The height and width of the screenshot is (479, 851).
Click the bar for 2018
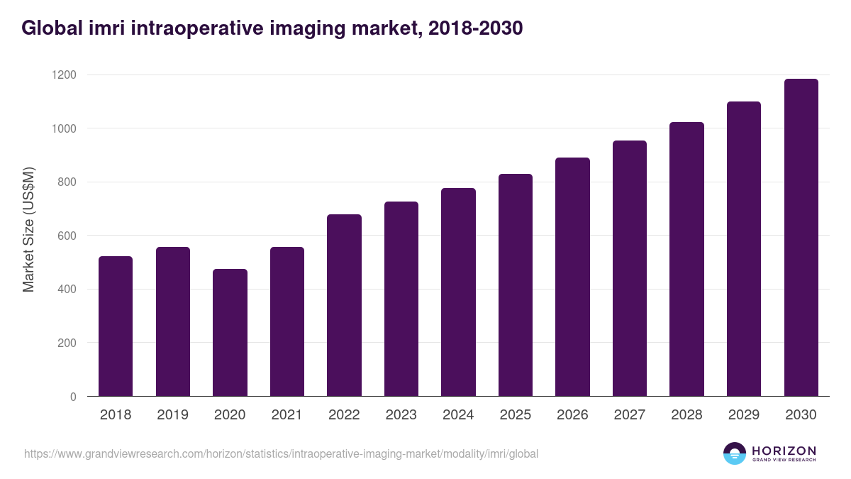click(116, 326)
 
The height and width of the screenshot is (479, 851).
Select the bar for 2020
click(230, 333)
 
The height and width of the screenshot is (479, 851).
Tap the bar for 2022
click(344, 305)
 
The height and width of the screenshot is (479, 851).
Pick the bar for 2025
click(516, 285)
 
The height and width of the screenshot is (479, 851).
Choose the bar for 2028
click(686, 259)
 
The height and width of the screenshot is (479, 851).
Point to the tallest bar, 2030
click(801, 238)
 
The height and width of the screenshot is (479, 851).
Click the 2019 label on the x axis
click(173, 415)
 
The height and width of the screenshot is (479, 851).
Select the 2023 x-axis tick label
click(401, 415)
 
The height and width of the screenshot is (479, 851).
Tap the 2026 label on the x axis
click(572, 415)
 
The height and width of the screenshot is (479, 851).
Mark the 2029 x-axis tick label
click(744, 415)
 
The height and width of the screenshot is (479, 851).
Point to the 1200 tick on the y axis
click(64, 75)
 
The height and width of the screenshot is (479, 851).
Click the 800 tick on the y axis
click(67, 182)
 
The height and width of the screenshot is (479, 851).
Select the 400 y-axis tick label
click(67, 290)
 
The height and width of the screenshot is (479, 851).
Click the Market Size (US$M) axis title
click(29, 230)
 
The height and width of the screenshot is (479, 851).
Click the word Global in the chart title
click(50, 28)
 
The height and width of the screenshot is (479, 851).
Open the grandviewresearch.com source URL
click(281, 453)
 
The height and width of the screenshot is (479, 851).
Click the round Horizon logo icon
click(735, 453)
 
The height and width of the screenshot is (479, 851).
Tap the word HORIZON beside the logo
click(784, 451)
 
